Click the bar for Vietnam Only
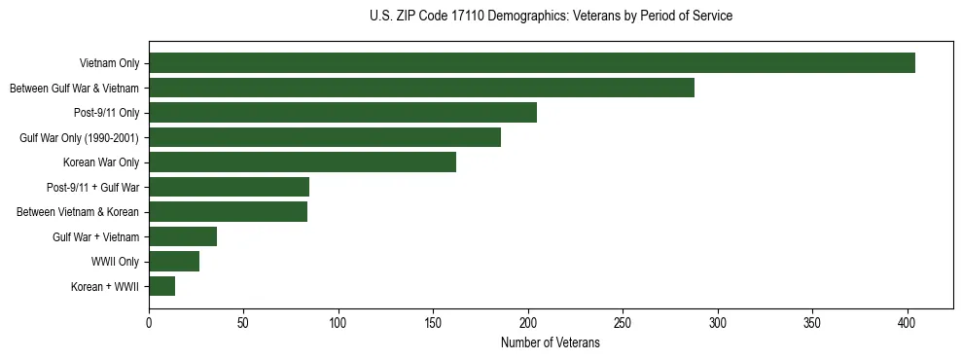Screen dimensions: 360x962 (x=532, y=63)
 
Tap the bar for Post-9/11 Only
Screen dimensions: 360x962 (x=342, y=113)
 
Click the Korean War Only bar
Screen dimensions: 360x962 (x=303, y=162)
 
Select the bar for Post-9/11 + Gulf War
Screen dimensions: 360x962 (x=229, y=187)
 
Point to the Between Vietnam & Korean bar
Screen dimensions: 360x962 (x=228, y=212)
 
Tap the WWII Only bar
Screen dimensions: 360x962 (x=174, y=261)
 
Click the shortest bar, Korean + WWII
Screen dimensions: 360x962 (x=161, y=286)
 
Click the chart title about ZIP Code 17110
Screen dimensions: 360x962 (x=551, y=17)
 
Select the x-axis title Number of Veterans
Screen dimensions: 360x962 (x=551, y=343)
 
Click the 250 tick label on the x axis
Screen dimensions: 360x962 (x=623, y=322)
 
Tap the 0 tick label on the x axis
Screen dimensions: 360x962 (x=149, y=322)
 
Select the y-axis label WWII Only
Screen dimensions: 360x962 (x=115, y=261)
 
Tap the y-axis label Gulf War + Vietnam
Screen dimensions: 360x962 (x=95, y=236)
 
